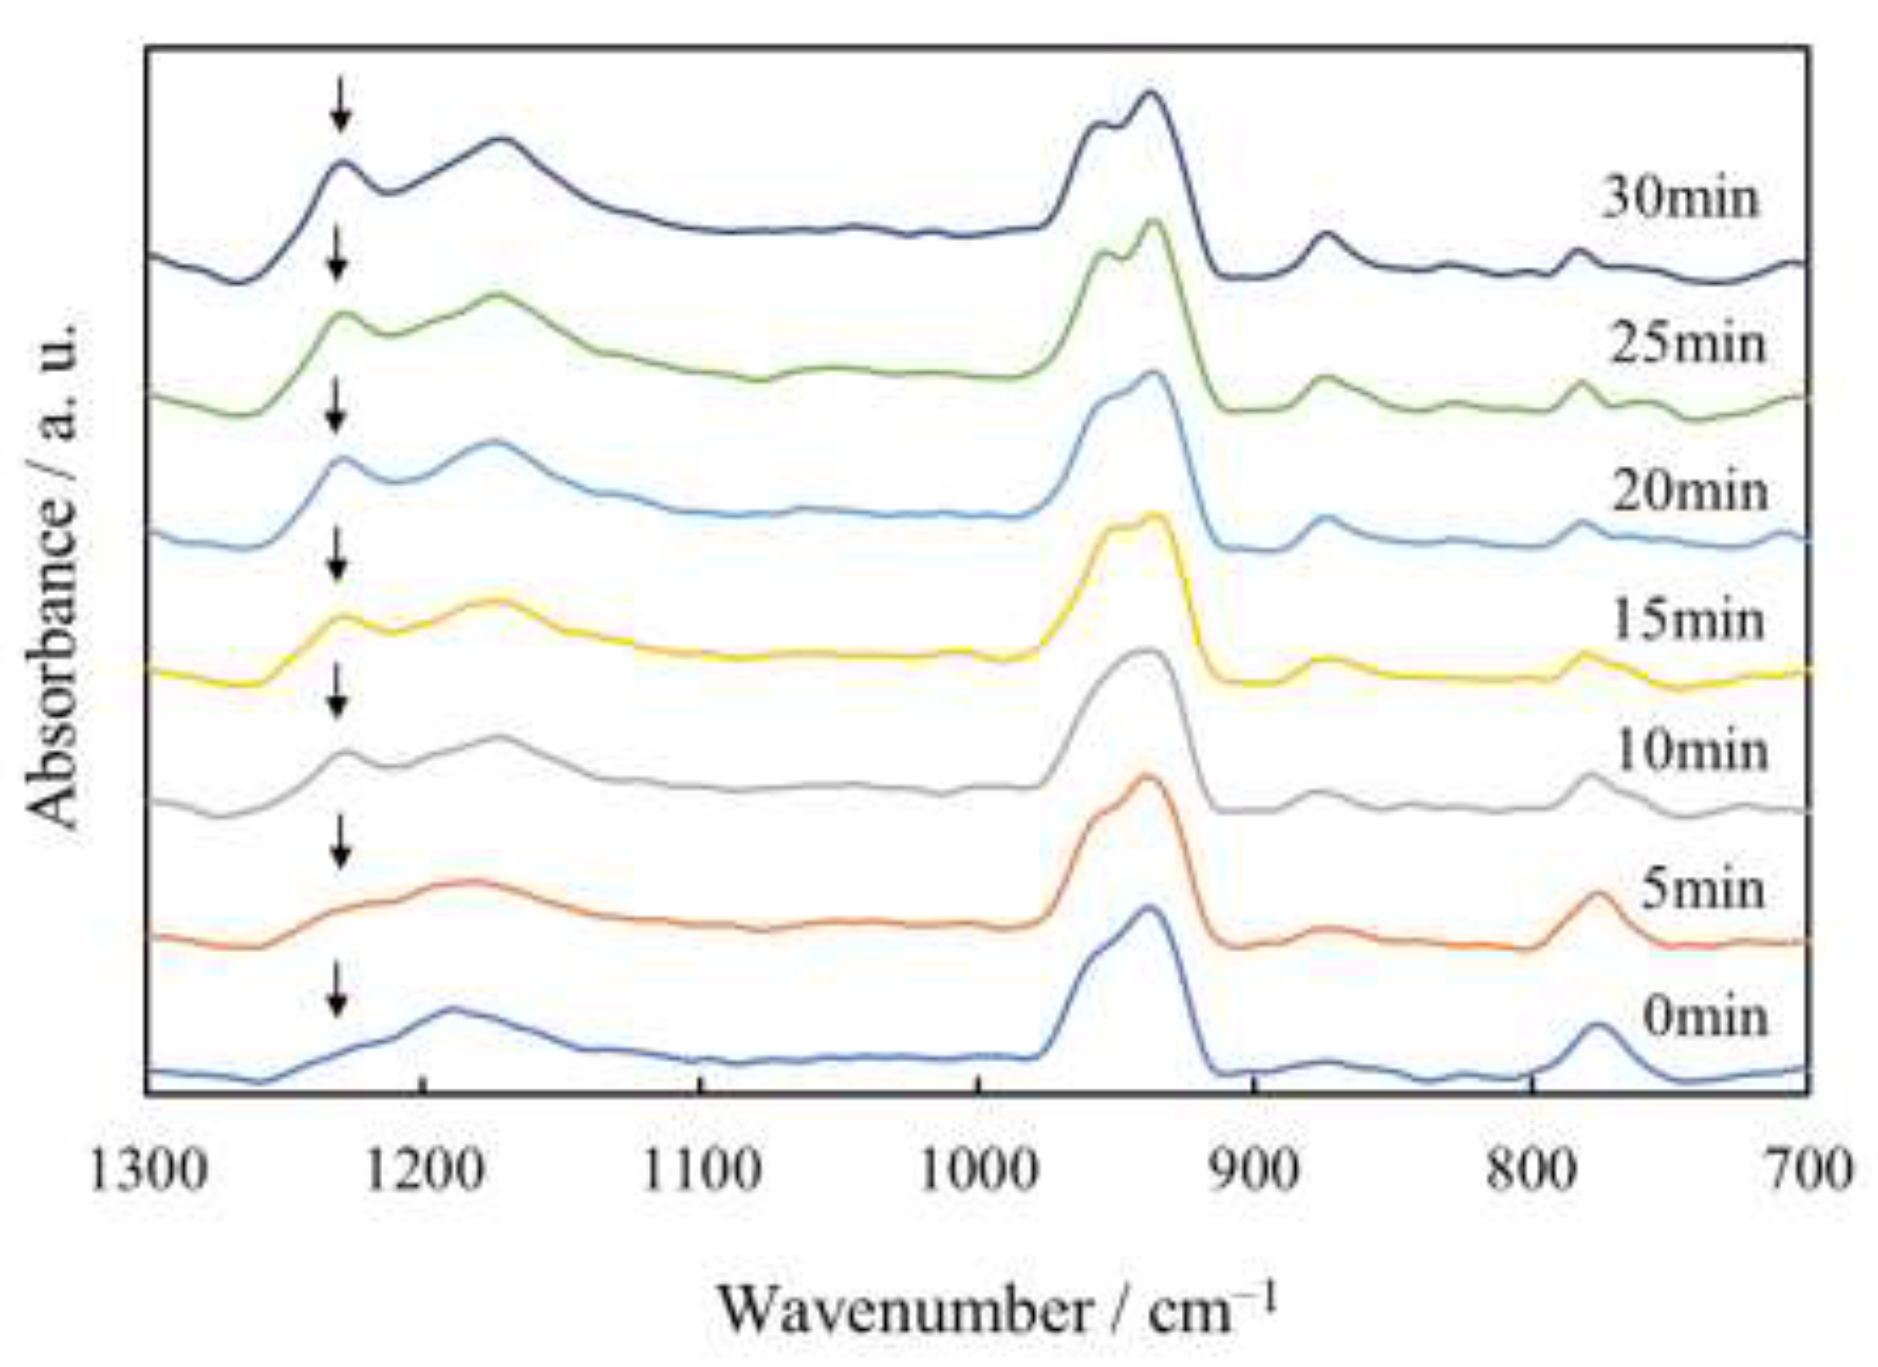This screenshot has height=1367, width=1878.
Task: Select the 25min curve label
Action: click(1688, 344)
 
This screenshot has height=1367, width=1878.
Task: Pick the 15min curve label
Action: click(1688, 620)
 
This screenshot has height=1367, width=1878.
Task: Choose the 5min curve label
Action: click(1702, 890)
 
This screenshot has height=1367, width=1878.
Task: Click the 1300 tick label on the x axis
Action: click(148, 1172)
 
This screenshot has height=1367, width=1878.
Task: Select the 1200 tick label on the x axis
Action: click(424, 1172)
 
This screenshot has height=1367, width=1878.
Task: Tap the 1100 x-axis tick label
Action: click(702, 1172)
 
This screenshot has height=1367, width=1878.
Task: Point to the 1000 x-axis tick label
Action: click(978, 1172)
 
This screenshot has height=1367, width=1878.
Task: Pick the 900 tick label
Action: click(1255, 1172)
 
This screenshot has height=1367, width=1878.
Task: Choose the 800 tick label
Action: click(1532, 1172)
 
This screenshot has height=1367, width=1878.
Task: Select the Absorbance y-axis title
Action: click(51, 575)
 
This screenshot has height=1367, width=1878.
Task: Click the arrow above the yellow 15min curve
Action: click(336, 554)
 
